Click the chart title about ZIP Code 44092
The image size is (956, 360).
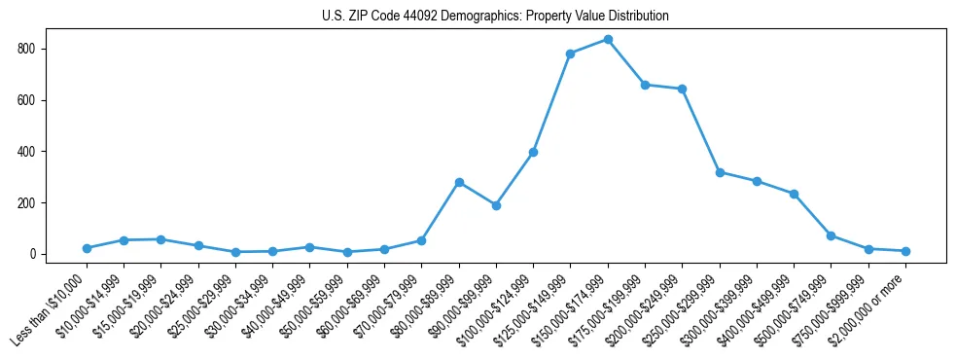[495, 17]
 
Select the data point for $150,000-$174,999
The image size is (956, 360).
[608, 39]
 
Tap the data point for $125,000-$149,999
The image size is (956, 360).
[570, 54]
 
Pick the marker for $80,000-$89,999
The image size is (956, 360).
[459, 182]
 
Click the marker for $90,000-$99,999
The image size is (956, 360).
[496, 205]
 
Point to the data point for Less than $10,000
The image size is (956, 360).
[87, 248]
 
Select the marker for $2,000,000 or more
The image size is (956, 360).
[905, 251]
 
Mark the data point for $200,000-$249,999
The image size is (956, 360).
[682, 89]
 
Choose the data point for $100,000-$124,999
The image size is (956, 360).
[533, 152]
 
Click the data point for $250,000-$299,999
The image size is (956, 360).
[720, 172]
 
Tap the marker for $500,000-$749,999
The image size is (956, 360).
[831, 235]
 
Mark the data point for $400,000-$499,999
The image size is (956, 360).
[794, 194]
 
